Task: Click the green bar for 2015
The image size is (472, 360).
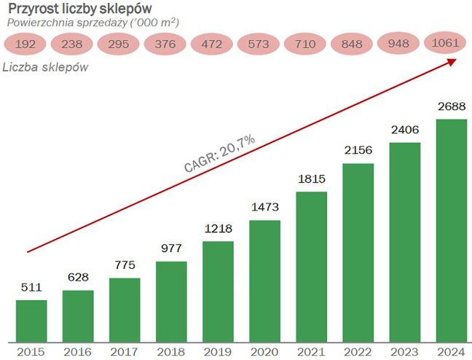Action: [31, 321]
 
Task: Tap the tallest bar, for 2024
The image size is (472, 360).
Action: [451, 230]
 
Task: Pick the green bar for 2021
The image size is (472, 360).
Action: [311, 267]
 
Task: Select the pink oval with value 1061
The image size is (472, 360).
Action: [445, 42]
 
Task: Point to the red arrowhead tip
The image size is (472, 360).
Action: [457, 59]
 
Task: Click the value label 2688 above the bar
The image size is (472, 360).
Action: [451, 106]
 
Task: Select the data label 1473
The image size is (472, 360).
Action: [264, 208]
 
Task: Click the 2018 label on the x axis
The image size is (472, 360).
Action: [171, 352]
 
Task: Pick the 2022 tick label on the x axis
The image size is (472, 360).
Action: [358, 352]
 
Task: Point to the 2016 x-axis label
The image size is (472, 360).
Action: [78, 352]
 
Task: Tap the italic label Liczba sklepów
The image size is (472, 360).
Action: [46, 69]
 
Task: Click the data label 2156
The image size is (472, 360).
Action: [358, 151]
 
